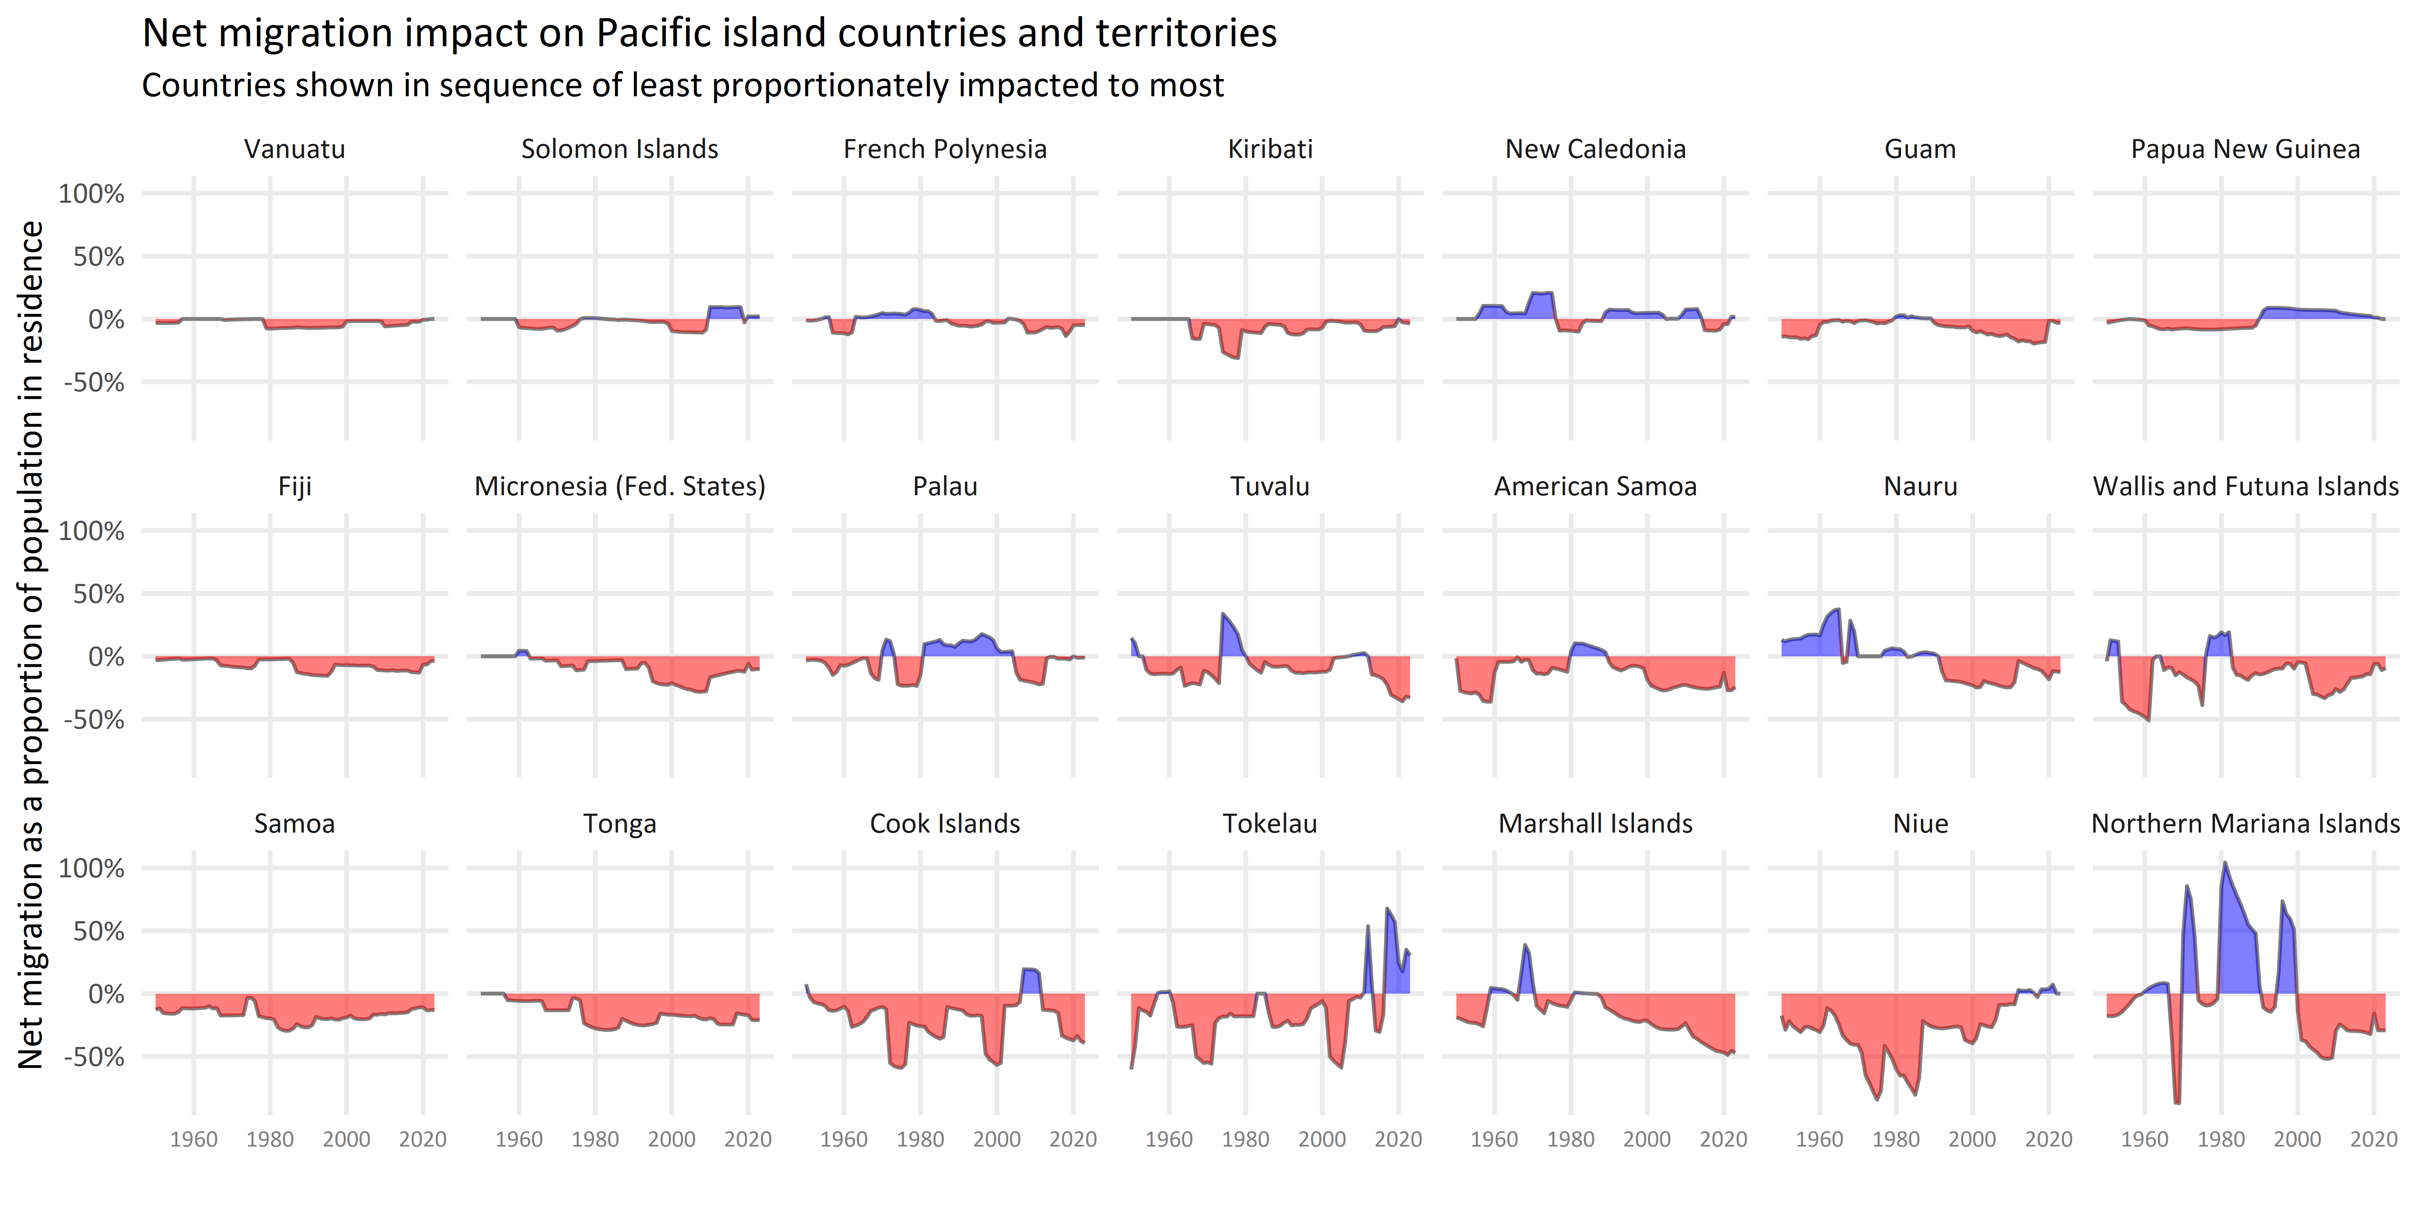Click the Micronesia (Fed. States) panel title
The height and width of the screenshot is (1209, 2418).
(619, 486)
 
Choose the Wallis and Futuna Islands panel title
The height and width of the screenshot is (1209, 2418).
(2245, 486)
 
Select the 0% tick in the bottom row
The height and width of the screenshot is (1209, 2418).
(105, 994)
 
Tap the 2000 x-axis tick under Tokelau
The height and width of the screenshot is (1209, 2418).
(1322, 1140)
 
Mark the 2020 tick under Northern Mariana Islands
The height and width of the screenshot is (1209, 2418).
(2374, 1140)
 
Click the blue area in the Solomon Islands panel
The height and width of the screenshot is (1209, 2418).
(725, 313)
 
